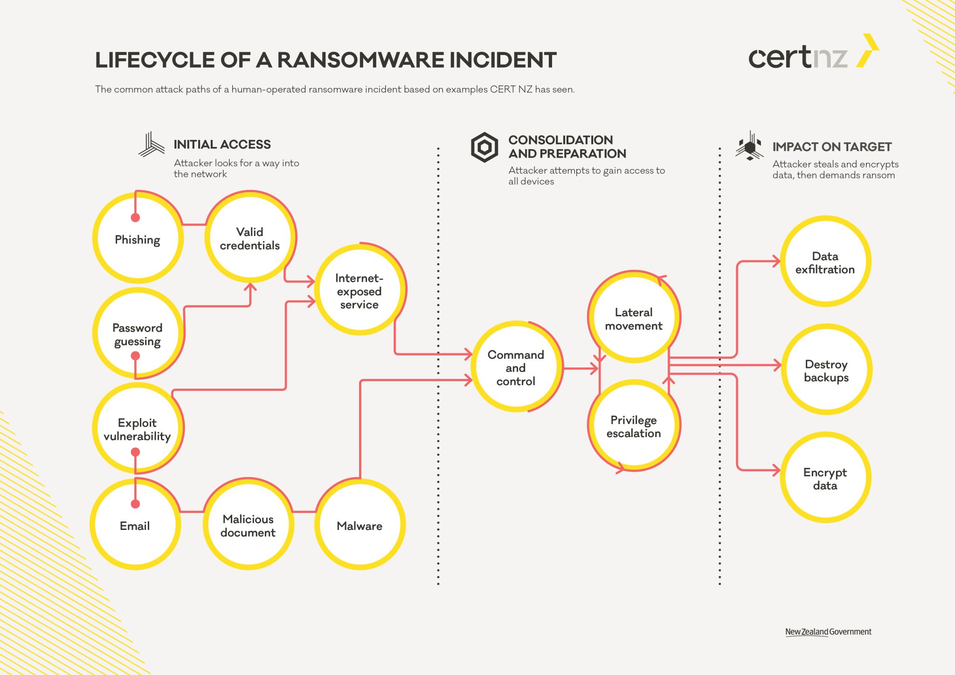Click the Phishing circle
click(138, 239)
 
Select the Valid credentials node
click(250, 238)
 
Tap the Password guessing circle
click(138, 334)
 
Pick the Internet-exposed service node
click(360, 291)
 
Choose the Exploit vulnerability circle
click(138, 429)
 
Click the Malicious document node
click(248, 525)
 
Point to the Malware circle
click(360, 525)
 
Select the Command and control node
click(516, 368)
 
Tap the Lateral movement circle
click(634, 318)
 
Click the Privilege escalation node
click(634, 426)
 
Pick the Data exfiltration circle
click(825, 262)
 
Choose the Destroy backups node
click(826, 370)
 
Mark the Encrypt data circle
click(825, 478)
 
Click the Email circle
click(135, 525)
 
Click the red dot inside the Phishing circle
click(135, 217)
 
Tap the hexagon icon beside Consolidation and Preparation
click(484, 147)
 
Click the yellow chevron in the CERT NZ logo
click(868, 50)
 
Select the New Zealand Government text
click(828, 632)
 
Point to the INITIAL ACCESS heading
click(222, 145)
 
